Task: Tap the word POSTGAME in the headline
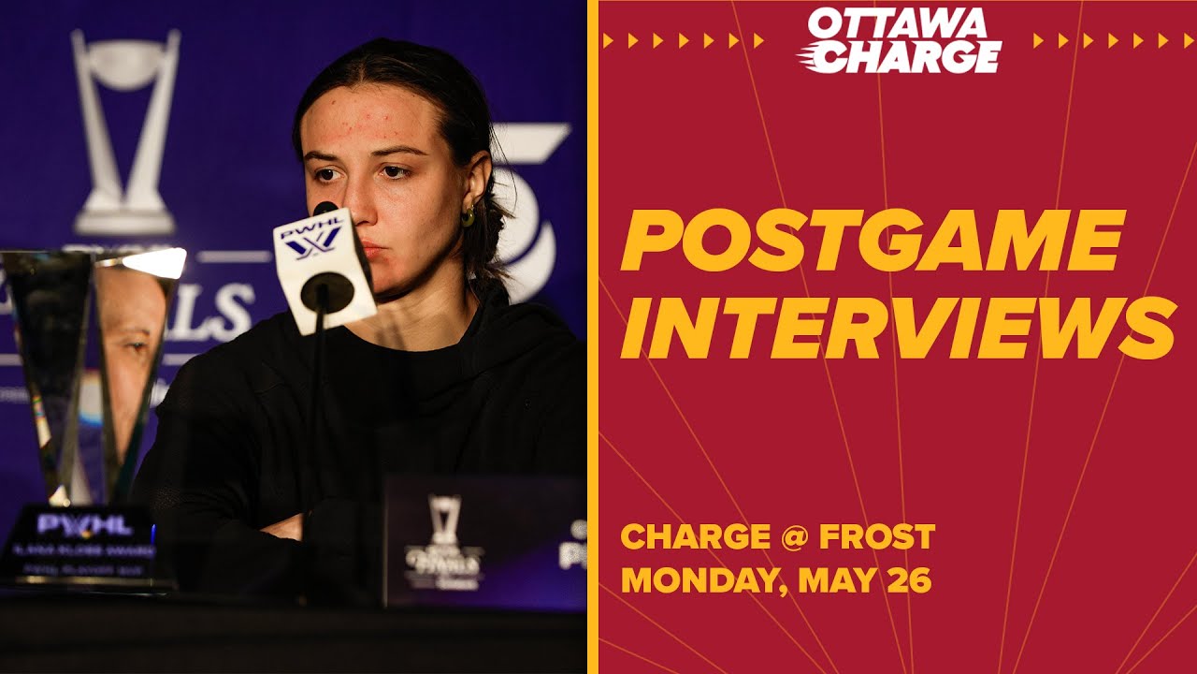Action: [x=872, y=241]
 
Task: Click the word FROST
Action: [x=877, y=537]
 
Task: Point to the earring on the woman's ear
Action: [x=467, y=217]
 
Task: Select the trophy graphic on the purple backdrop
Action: [x=125, y=131]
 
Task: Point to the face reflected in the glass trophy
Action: [x=131, y=346]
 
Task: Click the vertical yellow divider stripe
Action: [x=592, y=337]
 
